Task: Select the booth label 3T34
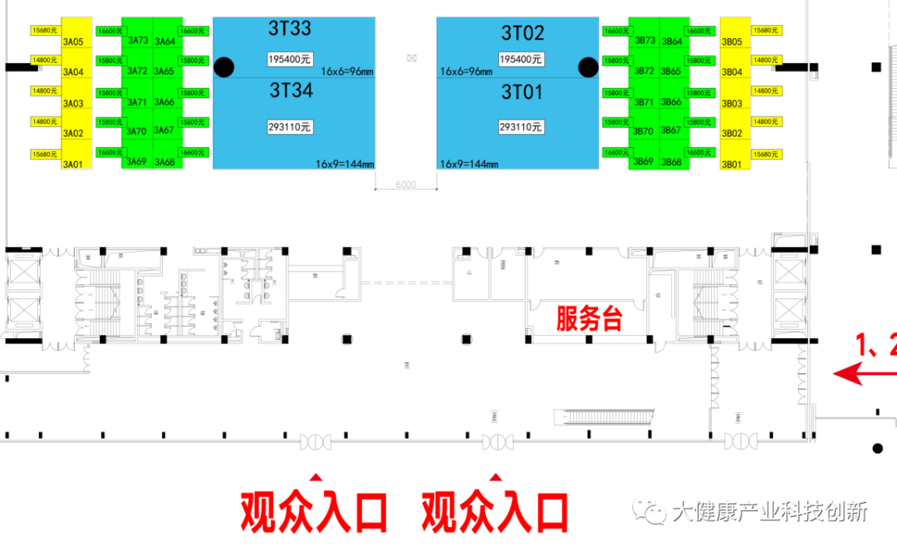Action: pos(290,91)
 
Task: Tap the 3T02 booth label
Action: pos(522,33)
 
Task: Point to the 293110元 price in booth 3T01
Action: pos(522,127)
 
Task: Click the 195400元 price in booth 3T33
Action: pos(289,59)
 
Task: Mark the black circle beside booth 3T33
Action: pos(223,67)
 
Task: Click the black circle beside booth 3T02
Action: pos(588,67)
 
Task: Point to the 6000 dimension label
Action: pos(405,184)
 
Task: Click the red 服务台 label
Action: pos(589,318)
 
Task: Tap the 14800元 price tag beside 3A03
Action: pos(45,91)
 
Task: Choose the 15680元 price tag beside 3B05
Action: pos(765,30)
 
